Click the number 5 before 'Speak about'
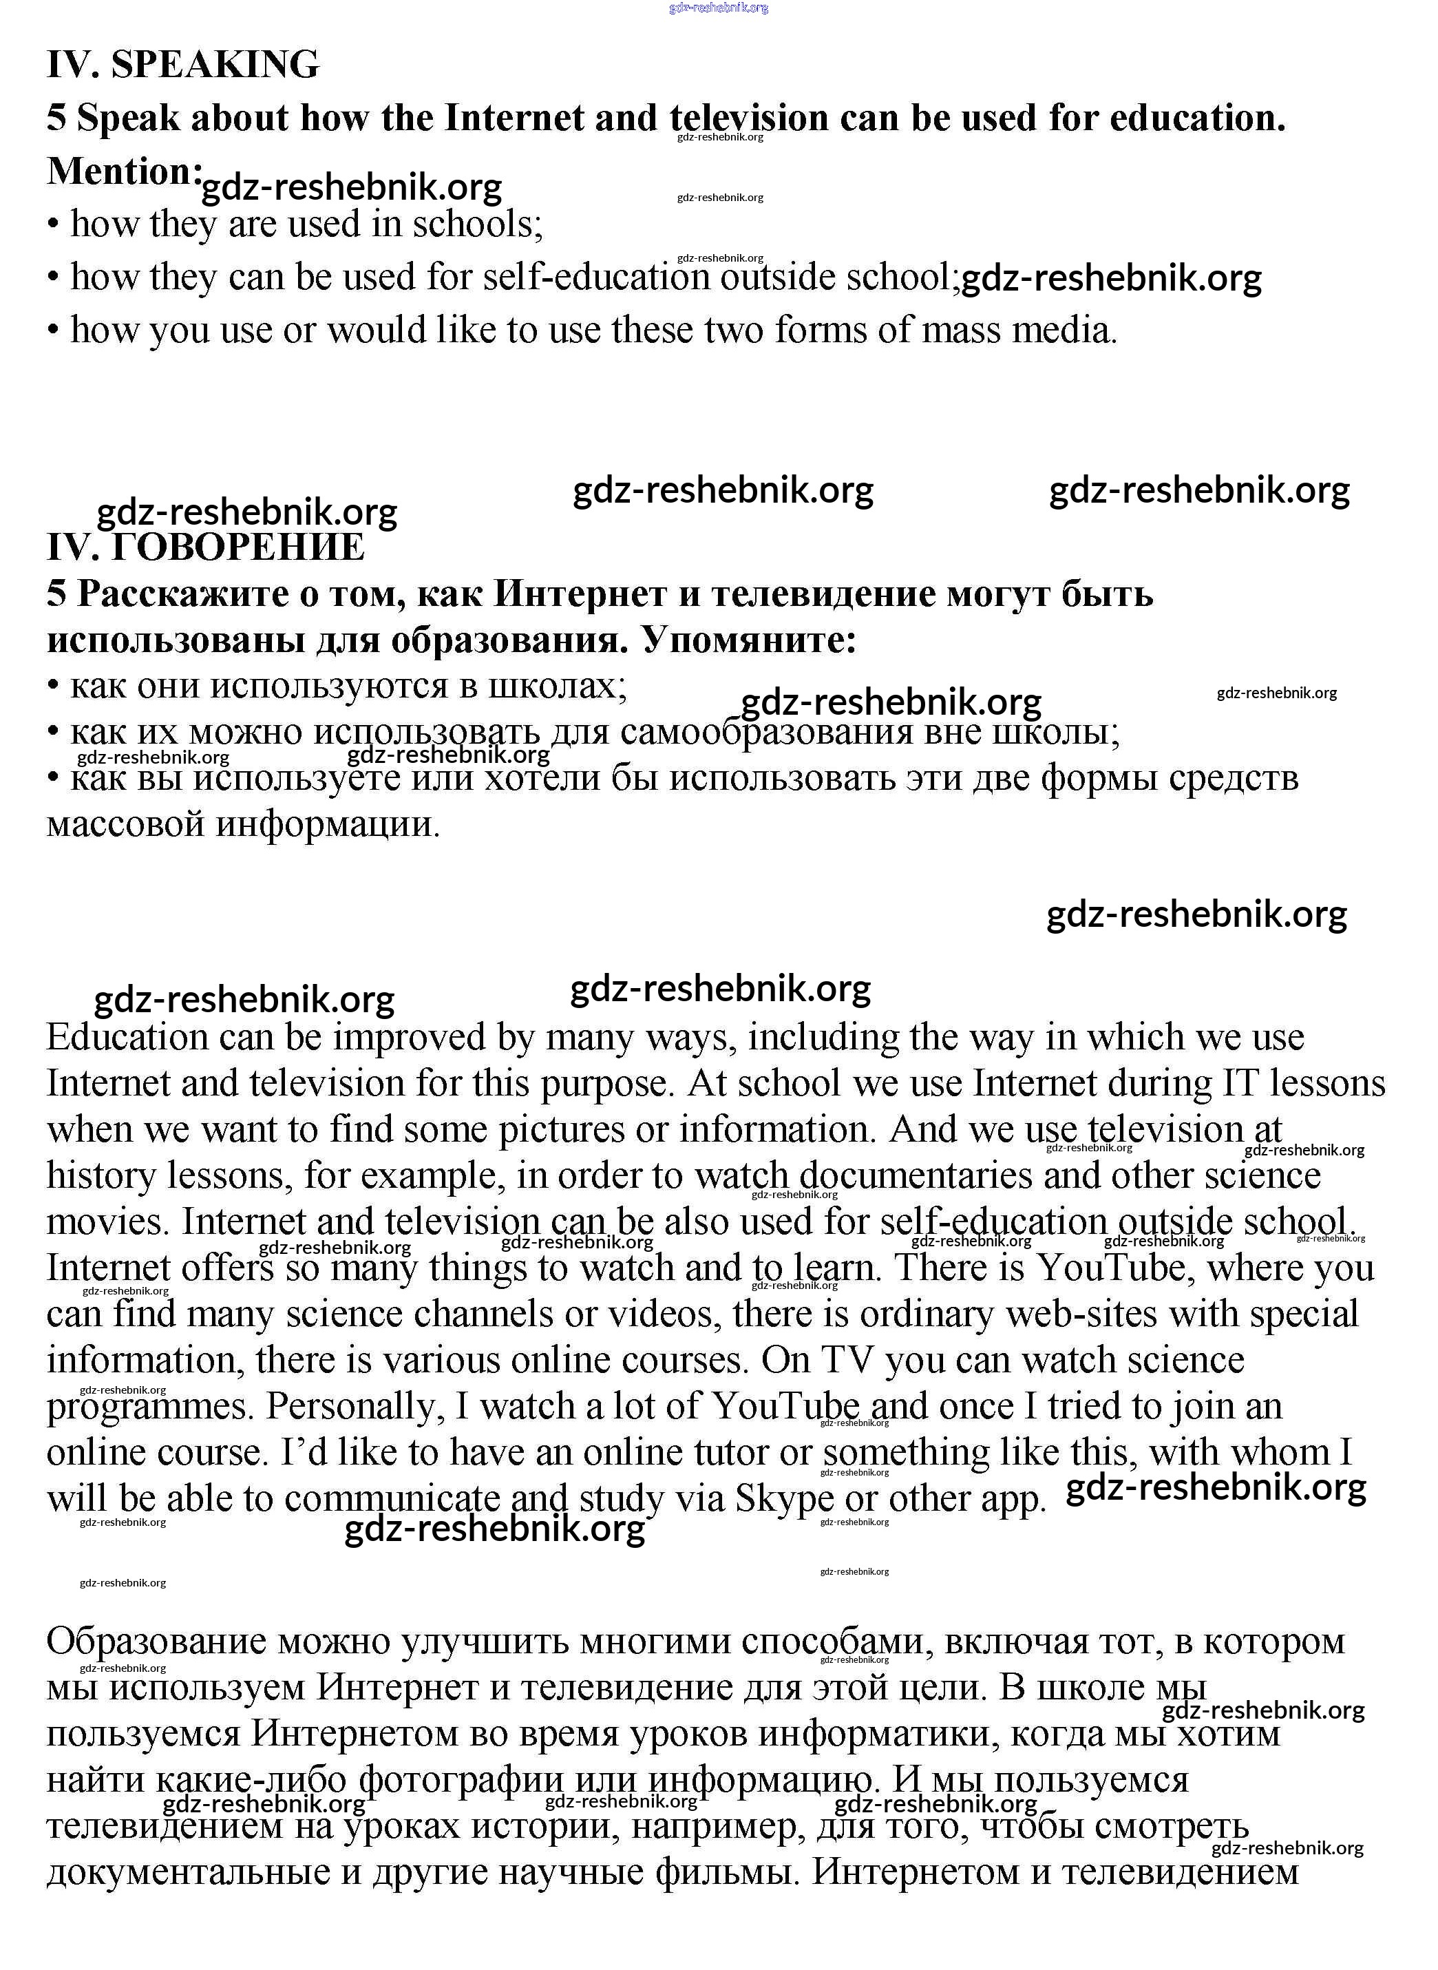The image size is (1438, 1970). coord(56,118)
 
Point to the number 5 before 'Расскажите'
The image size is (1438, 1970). coord(56,594)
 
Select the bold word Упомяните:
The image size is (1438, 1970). coord(748,640)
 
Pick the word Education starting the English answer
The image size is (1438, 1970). coord(127,1038)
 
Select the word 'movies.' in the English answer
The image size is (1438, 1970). coord(108,1222)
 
